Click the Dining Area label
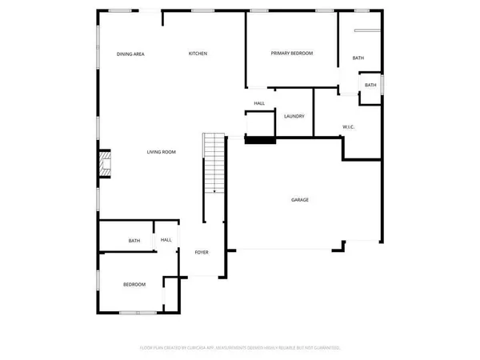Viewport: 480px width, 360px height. (x=130, y=54)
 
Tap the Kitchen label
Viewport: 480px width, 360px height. (x=198, y=54)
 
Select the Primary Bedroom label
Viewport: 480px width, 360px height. (x=291, y=54)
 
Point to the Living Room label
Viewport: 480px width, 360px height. (x=161, y=152)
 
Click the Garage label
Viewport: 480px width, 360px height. (x=299, y=200)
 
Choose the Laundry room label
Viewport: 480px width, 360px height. (x=294, y=117)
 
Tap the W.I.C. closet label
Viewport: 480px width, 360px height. (x=348, y=126)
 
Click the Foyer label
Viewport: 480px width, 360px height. (x=202, y=252)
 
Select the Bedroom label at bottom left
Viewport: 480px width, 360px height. (x=134, y=285)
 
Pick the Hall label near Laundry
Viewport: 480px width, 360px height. (x=259, y=103)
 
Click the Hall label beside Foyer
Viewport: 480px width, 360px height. (x=166, y=240)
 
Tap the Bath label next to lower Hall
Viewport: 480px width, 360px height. (x=134, y=240)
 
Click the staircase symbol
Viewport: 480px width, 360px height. (x=214, y=164)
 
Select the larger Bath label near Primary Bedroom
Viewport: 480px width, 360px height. (x=358, y=58)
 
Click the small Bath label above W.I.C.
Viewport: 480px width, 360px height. (x=370, y=86)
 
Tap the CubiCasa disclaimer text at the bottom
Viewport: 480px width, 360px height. (x=240, y=348)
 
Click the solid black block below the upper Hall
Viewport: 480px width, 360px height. (x=258, y=141)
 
